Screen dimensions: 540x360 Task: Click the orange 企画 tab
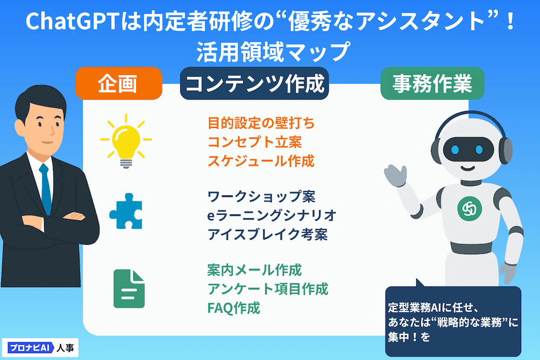point(118,83)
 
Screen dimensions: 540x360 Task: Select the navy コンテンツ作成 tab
point(254,83)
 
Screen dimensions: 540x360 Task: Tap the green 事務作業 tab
point(432,83)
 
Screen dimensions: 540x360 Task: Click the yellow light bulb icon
point(126,141)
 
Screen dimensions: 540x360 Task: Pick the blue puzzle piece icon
point(126,211)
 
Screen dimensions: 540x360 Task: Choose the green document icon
point(129,288)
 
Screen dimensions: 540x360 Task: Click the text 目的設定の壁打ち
point(261,123)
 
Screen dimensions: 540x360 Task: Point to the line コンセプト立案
point(255,142)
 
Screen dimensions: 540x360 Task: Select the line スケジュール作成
point(261,161)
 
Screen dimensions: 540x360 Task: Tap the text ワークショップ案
point(261,196)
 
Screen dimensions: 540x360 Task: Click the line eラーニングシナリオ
point(272,215)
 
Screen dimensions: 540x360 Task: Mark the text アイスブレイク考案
point(268,234)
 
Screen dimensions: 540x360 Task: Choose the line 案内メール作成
point(254,270)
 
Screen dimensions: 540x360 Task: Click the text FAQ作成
point(233,308)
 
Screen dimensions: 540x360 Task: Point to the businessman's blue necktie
point(45,188)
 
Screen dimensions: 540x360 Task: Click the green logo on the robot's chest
point(469,208)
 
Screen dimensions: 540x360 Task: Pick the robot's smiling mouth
point(468,168)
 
